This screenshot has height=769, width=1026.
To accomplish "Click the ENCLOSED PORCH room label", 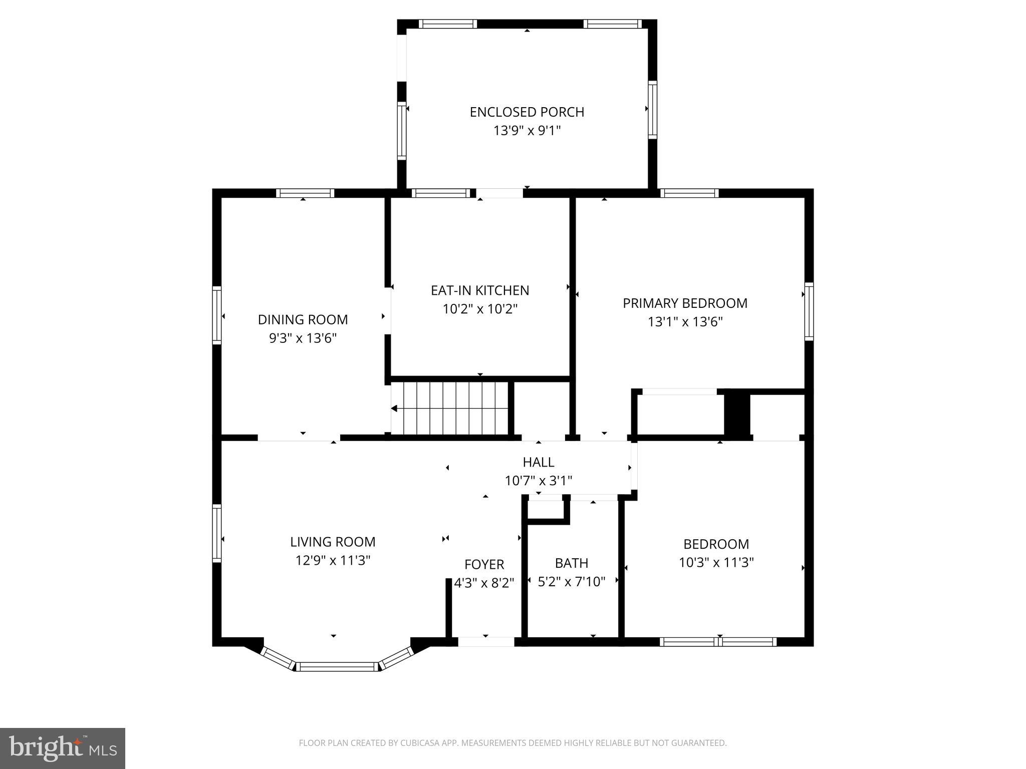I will click(527, 112).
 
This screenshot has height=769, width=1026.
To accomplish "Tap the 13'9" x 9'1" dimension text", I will click(527, 131).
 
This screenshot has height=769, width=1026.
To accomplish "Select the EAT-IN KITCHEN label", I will click(479, 290).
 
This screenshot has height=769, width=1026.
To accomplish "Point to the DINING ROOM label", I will click(303, 319).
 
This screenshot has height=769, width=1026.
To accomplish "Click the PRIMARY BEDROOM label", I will click(685, 303).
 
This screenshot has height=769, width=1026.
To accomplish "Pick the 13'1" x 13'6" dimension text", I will click(685, 321).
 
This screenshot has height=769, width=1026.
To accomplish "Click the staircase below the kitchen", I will click(450, 409).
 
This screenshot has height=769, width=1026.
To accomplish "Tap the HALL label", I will click(538, 462).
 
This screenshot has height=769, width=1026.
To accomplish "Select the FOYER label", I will click(484, 564).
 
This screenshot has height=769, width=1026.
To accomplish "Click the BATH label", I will click(571, 563).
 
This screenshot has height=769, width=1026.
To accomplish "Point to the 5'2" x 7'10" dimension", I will click(571, 582).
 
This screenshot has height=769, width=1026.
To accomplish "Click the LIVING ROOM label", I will click(333, 542).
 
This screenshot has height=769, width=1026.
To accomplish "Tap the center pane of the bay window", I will click(337, 666).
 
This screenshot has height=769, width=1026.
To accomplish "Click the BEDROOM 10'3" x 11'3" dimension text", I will click(716, 563).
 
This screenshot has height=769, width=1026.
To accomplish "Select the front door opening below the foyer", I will click(486, 642).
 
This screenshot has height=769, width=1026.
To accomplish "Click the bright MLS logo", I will click(62, 748).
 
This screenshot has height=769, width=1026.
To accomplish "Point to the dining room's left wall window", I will click(217, 315).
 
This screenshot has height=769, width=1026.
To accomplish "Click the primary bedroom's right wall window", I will click(809, 311).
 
